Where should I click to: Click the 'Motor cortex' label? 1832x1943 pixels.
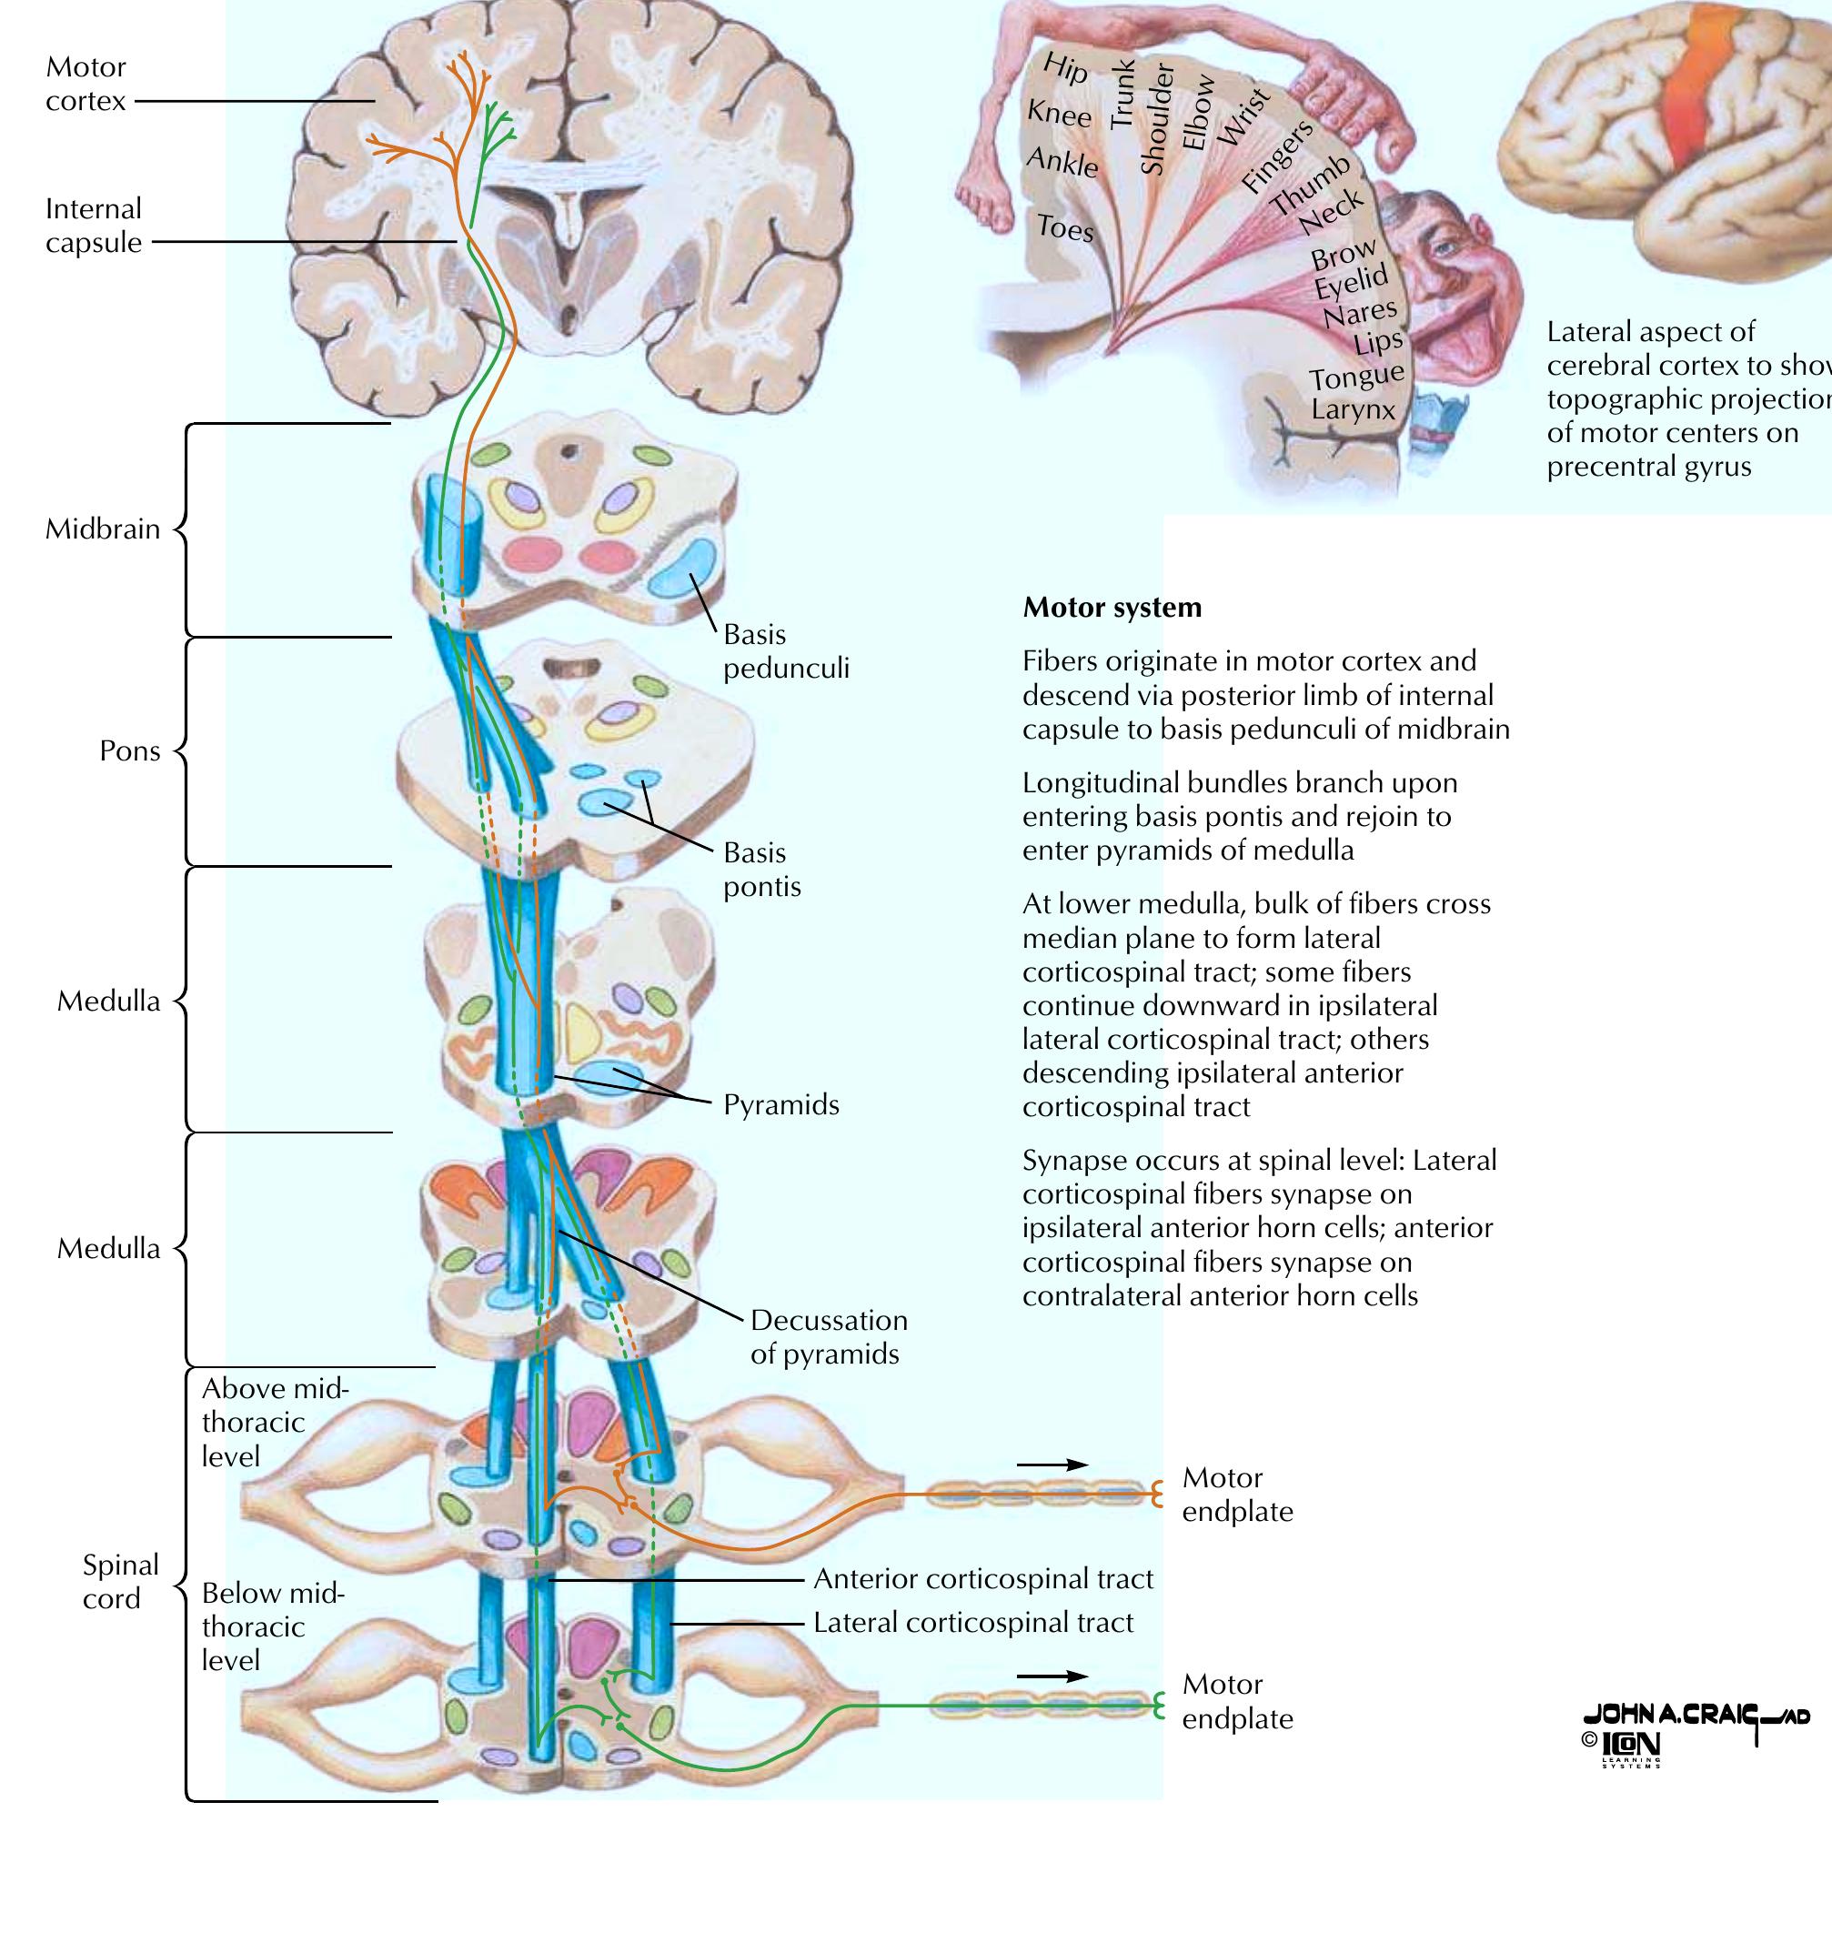[86, 84]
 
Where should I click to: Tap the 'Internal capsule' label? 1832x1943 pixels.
[94, 226]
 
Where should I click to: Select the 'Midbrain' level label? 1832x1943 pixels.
[103, 529]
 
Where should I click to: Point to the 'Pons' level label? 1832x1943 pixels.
[130, 750]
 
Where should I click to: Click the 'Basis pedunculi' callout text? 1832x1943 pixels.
[786, 652]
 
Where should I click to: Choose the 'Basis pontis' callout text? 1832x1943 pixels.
[762, 870]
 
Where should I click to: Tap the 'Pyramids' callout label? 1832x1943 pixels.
[781, 1105]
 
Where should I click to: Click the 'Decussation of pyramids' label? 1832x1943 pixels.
[829, 1337]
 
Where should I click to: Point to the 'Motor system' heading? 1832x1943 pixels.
[1112, 608]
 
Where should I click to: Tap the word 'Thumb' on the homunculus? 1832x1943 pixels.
[1310, 185]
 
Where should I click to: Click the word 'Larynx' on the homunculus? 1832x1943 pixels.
[1353, 409]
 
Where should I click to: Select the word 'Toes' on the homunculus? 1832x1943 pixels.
[1064, 227]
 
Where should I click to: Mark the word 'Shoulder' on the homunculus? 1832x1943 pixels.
[1156, 119]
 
